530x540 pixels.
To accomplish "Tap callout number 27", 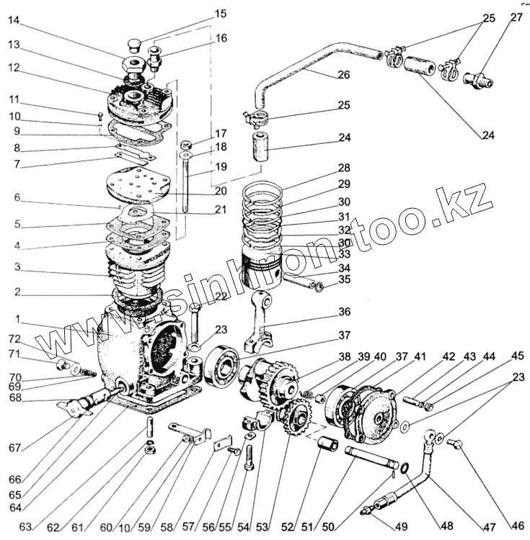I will pyautogui.click(x=516, y=18).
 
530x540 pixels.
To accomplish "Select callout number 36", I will pyautogui.click(x=343, y=312).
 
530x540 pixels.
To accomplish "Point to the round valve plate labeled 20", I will pyautogui.click(x=138, y=183).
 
